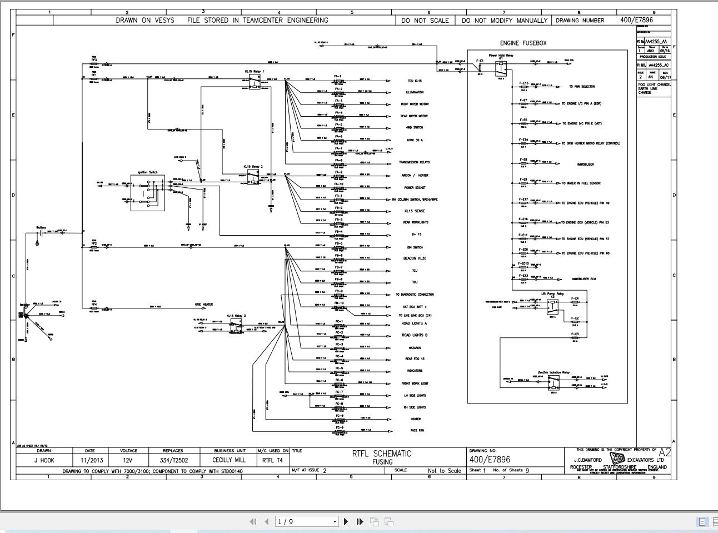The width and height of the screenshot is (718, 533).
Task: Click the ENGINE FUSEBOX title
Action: click(x=523, y=43)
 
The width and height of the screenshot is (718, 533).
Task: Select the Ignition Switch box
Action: click(x=148, y=192)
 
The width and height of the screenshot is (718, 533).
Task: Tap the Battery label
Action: click(x=41, y=227)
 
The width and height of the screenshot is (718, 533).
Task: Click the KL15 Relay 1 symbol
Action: click(x=255, y=82)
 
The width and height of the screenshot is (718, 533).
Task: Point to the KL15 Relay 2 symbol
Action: click(x=253, y=177)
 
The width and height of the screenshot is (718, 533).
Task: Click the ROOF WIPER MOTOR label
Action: click(x=415, y=104)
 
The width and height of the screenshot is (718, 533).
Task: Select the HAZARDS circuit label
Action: click(x=414, y=348)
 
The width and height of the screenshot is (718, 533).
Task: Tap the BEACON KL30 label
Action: click(x=415, y=258)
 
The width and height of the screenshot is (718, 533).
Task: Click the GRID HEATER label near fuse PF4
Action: click(x=203, y=305)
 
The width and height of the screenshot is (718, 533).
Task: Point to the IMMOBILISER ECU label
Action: click(x=584, y=279)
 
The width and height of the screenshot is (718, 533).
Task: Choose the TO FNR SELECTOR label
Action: click(x=581, y=87)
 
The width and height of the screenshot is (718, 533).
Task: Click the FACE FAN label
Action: click(x=417, y=431)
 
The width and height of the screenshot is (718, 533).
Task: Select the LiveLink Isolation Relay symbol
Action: click(x=554, y=383)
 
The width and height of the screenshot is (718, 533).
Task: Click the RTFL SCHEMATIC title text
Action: click(x=381, y=454)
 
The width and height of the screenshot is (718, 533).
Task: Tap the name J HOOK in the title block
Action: click(x=44, y=460)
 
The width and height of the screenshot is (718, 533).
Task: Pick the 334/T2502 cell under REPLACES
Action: click(x=173, y=460)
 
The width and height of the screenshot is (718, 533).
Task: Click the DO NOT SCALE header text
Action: click(x=425, y=21)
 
